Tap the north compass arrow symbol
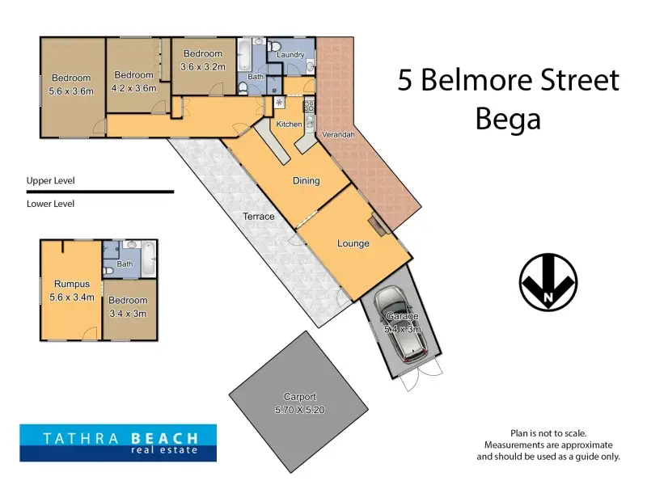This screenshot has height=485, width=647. pyautogui.click(x=548, y=282)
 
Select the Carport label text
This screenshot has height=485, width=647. pyautogui.click(x=300, y=397)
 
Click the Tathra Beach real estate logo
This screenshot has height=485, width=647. pyautogui.click(x=118, y=442)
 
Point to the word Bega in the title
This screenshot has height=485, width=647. pyautogui.click(x=508, y=119)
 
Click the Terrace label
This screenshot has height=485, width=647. pyautogui.click(x=259, y=216)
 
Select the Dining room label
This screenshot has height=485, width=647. pyautogui.click(x=307, y=180)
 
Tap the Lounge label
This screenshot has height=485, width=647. pyautogui.click(x=353, y=243)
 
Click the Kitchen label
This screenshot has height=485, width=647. pyautogui.click(x=289, y=124)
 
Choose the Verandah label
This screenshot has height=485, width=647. pyautogui.click(x=338, y=134)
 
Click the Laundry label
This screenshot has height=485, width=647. pyautogui.click(x=290, y=54)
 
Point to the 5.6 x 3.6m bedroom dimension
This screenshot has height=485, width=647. pyautogui.click(x=71, y=91)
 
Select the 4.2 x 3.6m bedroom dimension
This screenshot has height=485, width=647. pyautogui.click(x=133, y=88)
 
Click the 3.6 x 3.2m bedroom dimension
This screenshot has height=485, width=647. pyautogui.click(x=203, y=67)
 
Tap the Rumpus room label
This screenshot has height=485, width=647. pyautogui.click(x=72, y=284)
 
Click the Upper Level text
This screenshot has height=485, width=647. pyautogui.click(x=50, y=180)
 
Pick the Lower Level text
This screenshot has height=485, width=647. pyautogui.click(x=50, y=204)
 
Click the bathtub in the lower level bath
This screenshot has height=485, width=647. pyautogui.click(x=149, y=259)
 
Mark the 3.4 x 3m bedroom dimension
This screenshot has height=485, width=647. pyautogui.click(x=128, y=314)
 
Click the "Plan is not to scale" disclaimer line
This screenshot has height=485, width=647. pyautogui.click(x=548, y=433)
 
